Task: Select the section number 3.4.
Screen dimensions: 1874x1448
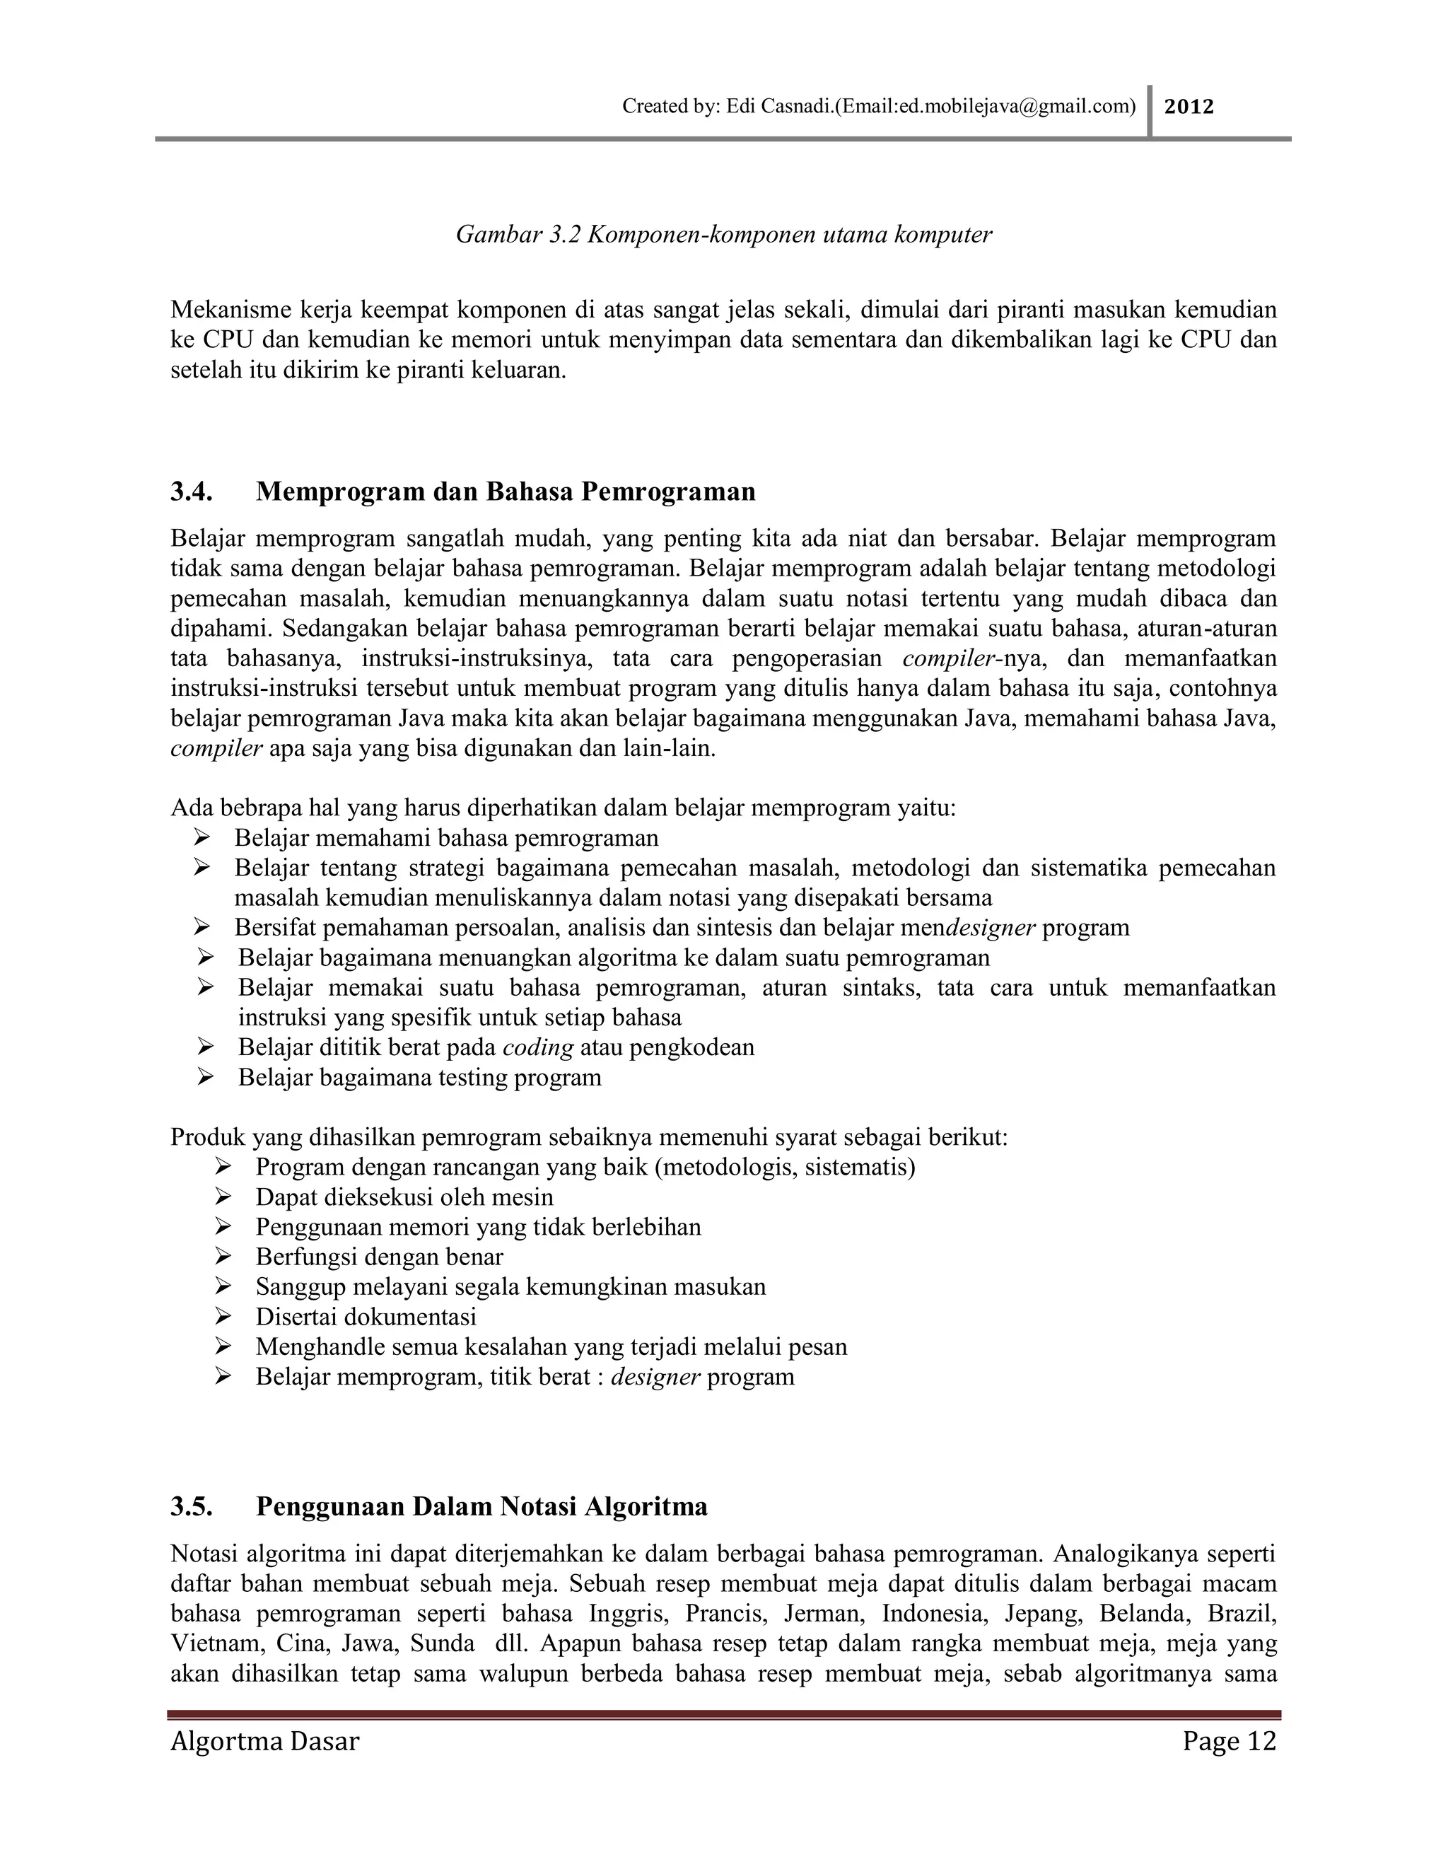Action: pyautogui.click(x=192, y=491)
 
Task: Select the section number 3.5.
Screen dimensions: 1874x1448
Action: pyautogui.click(x=192, y=1507)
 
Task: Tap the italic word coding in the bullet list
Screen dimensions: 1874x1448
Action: pyautogui.click(x=538, y=1048)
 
